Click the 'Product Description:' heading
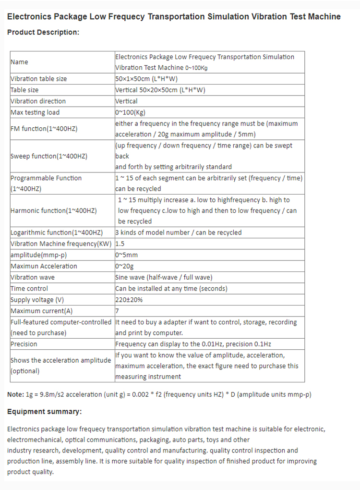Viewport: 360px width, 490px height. [43, 32]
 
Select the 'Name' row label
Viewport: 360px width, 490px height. [19, 62]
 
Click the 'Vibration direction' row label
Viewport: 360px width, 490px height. [38, 101]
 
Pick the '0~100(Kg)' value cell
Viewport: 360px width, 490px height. [130, 112]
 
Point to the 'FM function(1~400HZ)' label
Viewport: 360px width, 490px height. [44, 129]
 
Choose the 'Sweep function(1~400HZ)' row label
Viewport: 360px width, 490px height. [48, 156]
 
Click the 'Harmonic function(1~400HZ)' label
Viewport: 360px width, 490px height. [53, 210]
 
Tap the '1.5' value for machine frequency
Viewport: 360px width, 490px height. [120, 244]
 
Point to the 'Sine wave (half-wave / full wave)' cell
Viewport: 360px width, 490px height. [164, 277]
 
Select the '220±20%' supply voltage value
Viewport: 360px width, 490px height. [129, 300]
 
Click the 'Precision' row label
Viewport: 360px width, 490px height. [24, 344]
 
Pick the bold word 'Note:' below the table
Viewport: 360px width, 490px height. [14, 394]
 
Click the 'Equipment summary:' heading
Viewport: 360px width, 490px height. [44, 412]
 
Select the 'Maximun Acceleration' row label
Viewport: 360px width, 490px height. [44, 266]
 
